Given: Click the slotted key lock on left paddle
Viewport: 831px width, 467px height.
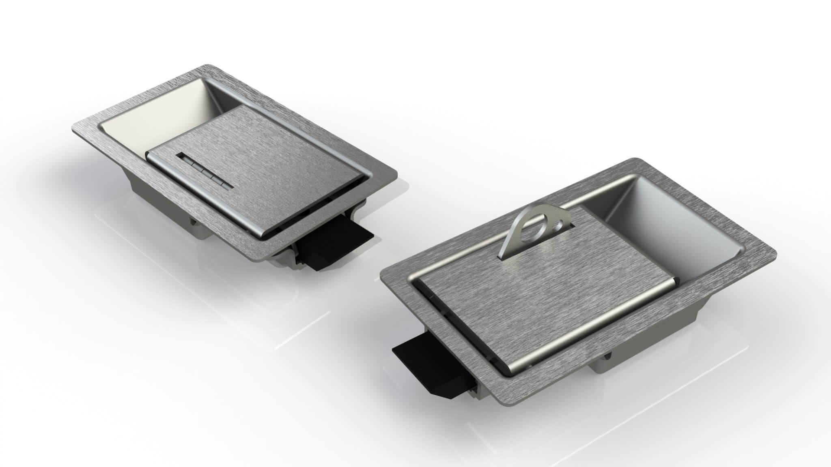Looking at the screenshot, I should pos(205,171).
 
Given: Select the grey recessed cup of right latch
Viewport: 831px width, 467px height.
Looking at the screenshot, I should pos(665,235).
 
